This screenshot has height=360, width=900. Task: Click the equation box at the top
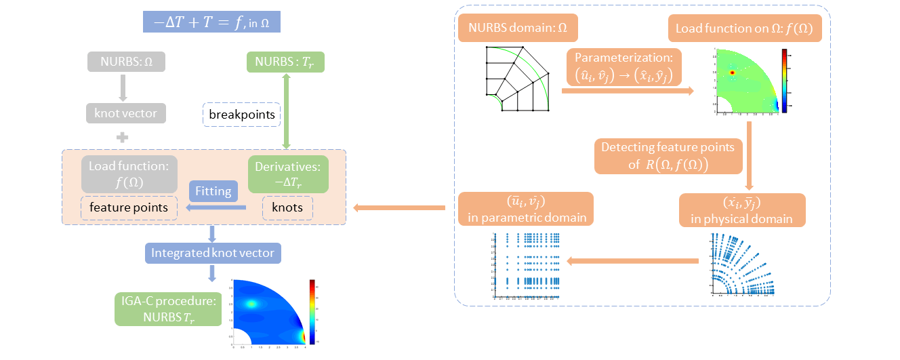click(211, 22)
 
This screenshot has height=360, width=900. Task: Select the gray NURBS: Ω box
click(126, 62)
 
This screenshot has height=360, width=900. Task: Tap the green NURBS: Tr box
click(285, 62)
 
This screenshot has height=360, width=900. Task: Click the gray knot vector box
click(126, 113)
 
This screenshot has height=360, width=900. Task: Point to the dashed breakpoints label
click(242, 115)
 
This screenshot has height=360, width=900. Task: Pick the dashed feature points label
click(129, 207)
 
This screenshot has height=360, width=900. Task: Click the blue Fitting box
click(213, 191)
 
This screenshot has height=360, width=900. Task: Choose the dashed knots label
click(288, 207)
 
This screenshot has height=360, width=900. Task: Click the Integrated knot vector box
click(212, 253)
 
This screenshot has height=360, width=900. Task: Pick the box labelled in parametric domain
click(525, 209)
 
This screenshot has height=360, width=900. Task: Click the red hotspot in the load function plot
click(732, 72)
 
